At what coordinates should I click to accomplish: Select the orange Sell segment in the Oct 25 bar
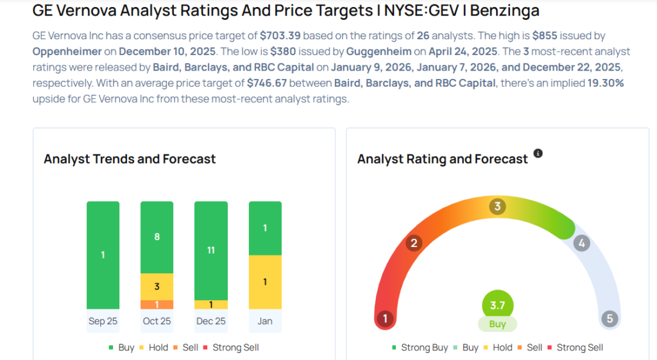point(157,305)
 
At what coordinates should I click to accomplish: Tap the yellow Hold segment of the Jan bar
point(264,282)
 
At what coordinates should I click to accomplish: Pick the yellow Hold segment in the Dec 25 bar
point(210,305)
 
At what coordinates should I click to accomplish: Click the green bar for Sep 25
point(103,255)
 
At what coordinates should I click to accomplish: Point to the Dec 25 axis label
point(210,321)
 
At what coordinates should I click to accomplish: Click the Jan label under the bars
point(264,321)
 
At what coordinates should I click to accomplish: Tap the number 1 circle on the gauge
point(385,318)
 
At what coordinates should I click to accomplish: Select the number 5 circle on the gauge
point(609,318)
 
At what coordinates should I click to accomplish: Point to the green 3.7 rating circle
point(497,305)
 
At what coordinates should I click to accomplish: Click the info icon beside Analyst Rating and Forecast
point(538,153)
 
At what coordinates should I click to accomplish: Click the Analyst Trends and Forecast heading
point(130,159)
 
